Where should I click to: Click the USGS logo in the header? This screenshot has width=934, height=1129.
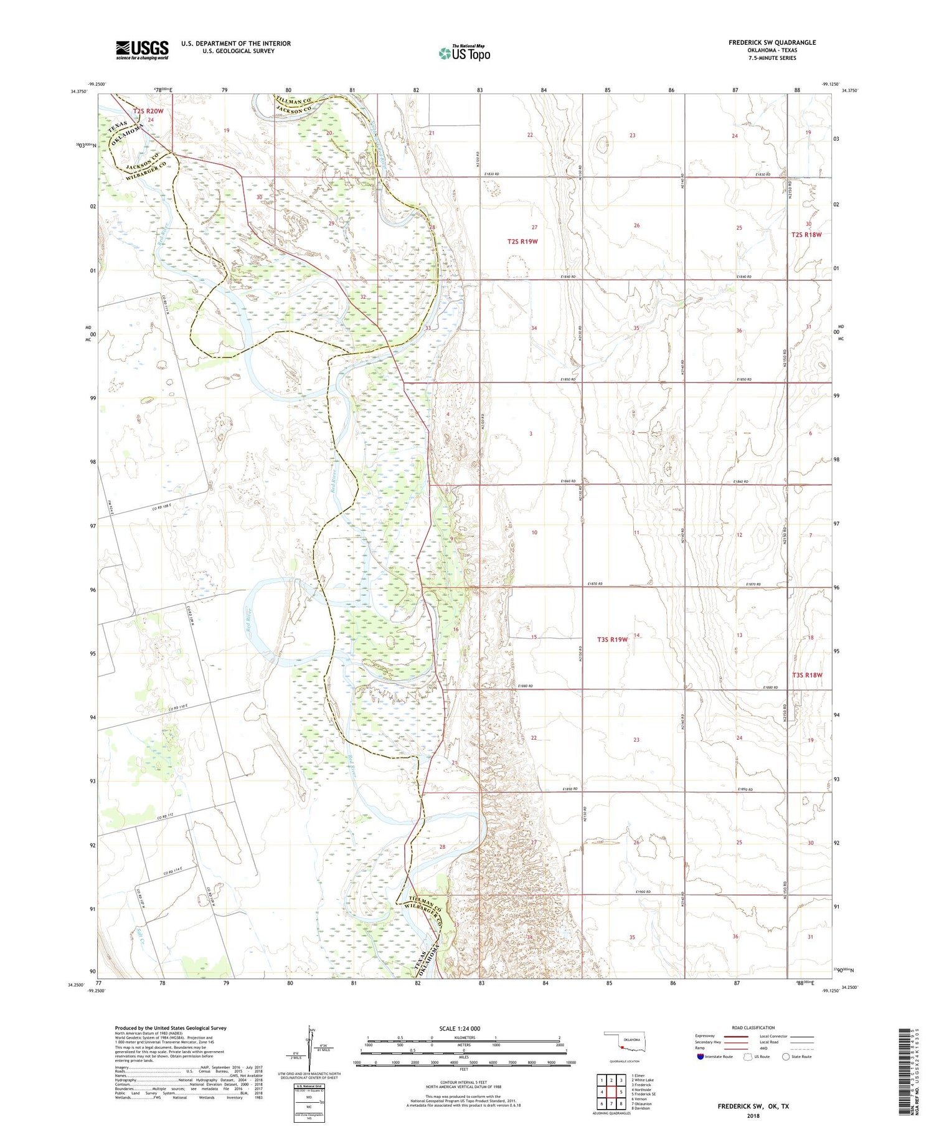coord(142,50)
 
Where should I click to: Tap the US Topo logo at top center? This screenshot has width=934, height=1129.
coord(464,54)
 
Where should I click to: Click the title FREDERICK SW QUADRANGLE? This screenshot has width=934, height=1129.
coord(771,42)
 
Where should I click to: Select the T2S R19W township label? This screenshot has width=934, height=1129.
coord(522,241)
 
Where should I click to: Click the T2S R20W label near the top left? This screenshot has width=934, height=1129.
coord(148,111)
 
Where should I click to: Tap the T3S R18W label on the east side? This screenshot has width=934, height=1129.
coord(807,675)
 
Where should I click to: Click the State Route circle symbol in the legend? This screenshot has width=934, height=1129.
coord(786,1056)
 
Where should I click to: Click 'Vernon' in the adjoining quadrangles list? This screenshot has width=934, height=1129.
coord(640,1098)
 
